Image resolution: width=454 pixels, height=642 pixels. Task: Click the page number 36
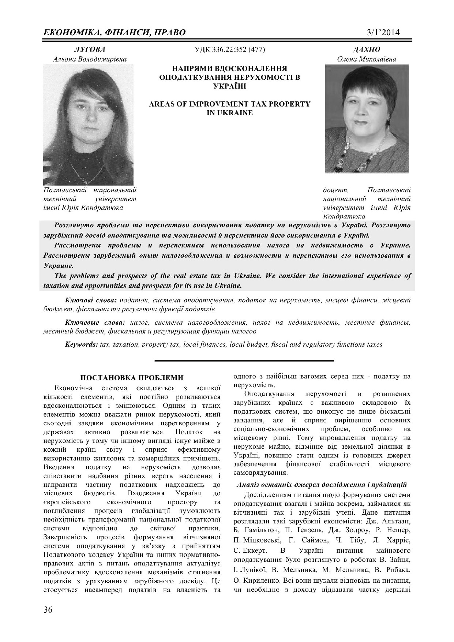(x=48, y=610)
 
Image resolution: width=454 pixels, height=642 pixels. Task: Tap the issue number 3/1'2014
(x=383, y=32)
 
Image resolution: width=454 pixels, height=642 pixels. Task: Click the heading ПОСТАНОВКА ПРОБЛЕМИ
(x=131, y=378)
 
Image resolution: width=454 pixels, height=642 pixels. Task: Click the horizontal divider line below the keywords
(x=244, y=361)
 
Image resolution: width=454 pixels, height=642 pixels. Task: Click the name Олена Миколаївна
(x=367, y=59)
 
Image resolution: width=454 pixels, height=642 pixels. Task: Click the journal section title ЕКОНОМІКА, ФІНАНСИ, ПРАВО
(x=115, y=32)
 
